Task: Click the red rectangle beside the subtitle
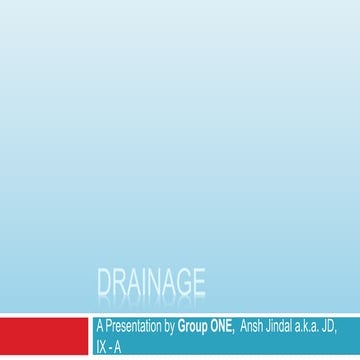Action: tap(43, 337)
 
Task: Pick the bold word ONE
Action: tap(220, 325)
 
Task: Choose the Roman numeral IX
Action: tap(98, 347)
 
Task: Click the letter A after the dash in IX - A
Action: tap(116, 347)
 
